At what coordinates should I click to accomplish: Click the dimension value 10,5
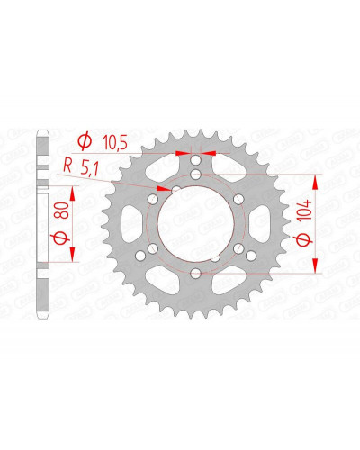coord(115,142)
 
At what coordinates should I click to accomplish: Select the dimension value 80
coord(64,210)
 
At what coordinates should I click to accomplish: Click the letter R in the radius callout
coord(67,166)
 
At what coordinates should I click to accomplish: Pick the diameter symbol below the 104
coord(304,240)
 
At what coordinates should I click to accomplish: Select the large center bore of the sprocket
coord(195,223)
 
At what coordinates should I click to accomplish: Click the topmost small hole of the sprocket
coord(195,161)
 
